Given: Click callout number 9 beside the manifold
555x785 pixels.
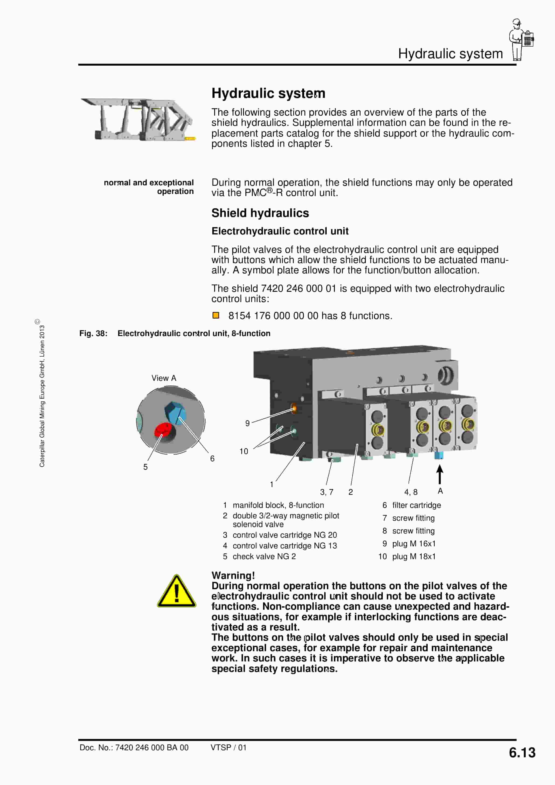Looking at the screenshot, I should (247, 423).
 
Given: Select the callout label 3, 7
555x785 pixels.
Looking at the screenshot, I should (326, 492).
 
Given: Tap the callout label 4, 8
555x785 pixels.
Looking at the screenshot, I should (411, 492).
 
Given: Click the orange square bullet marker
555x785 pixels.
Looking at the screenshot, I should (215, 315).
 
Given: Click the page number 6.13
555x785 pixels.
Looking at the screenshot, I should (522, 753).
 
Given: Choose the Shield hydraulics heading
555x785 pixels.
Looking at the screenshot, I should (260, 213).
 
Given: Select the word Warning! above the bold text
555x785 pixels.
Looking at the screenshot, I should (233, 575).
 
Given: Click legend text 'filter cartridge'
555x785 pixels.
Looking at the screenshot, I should (416, 505).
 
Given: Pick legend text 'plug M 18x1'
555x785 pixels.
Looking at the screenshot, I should (414, 556).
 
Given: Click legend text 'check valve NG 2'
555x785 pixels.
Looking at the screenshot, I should (264, 556).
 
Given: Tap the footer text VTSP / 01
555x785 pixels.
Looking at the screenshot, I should (228, 747).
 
